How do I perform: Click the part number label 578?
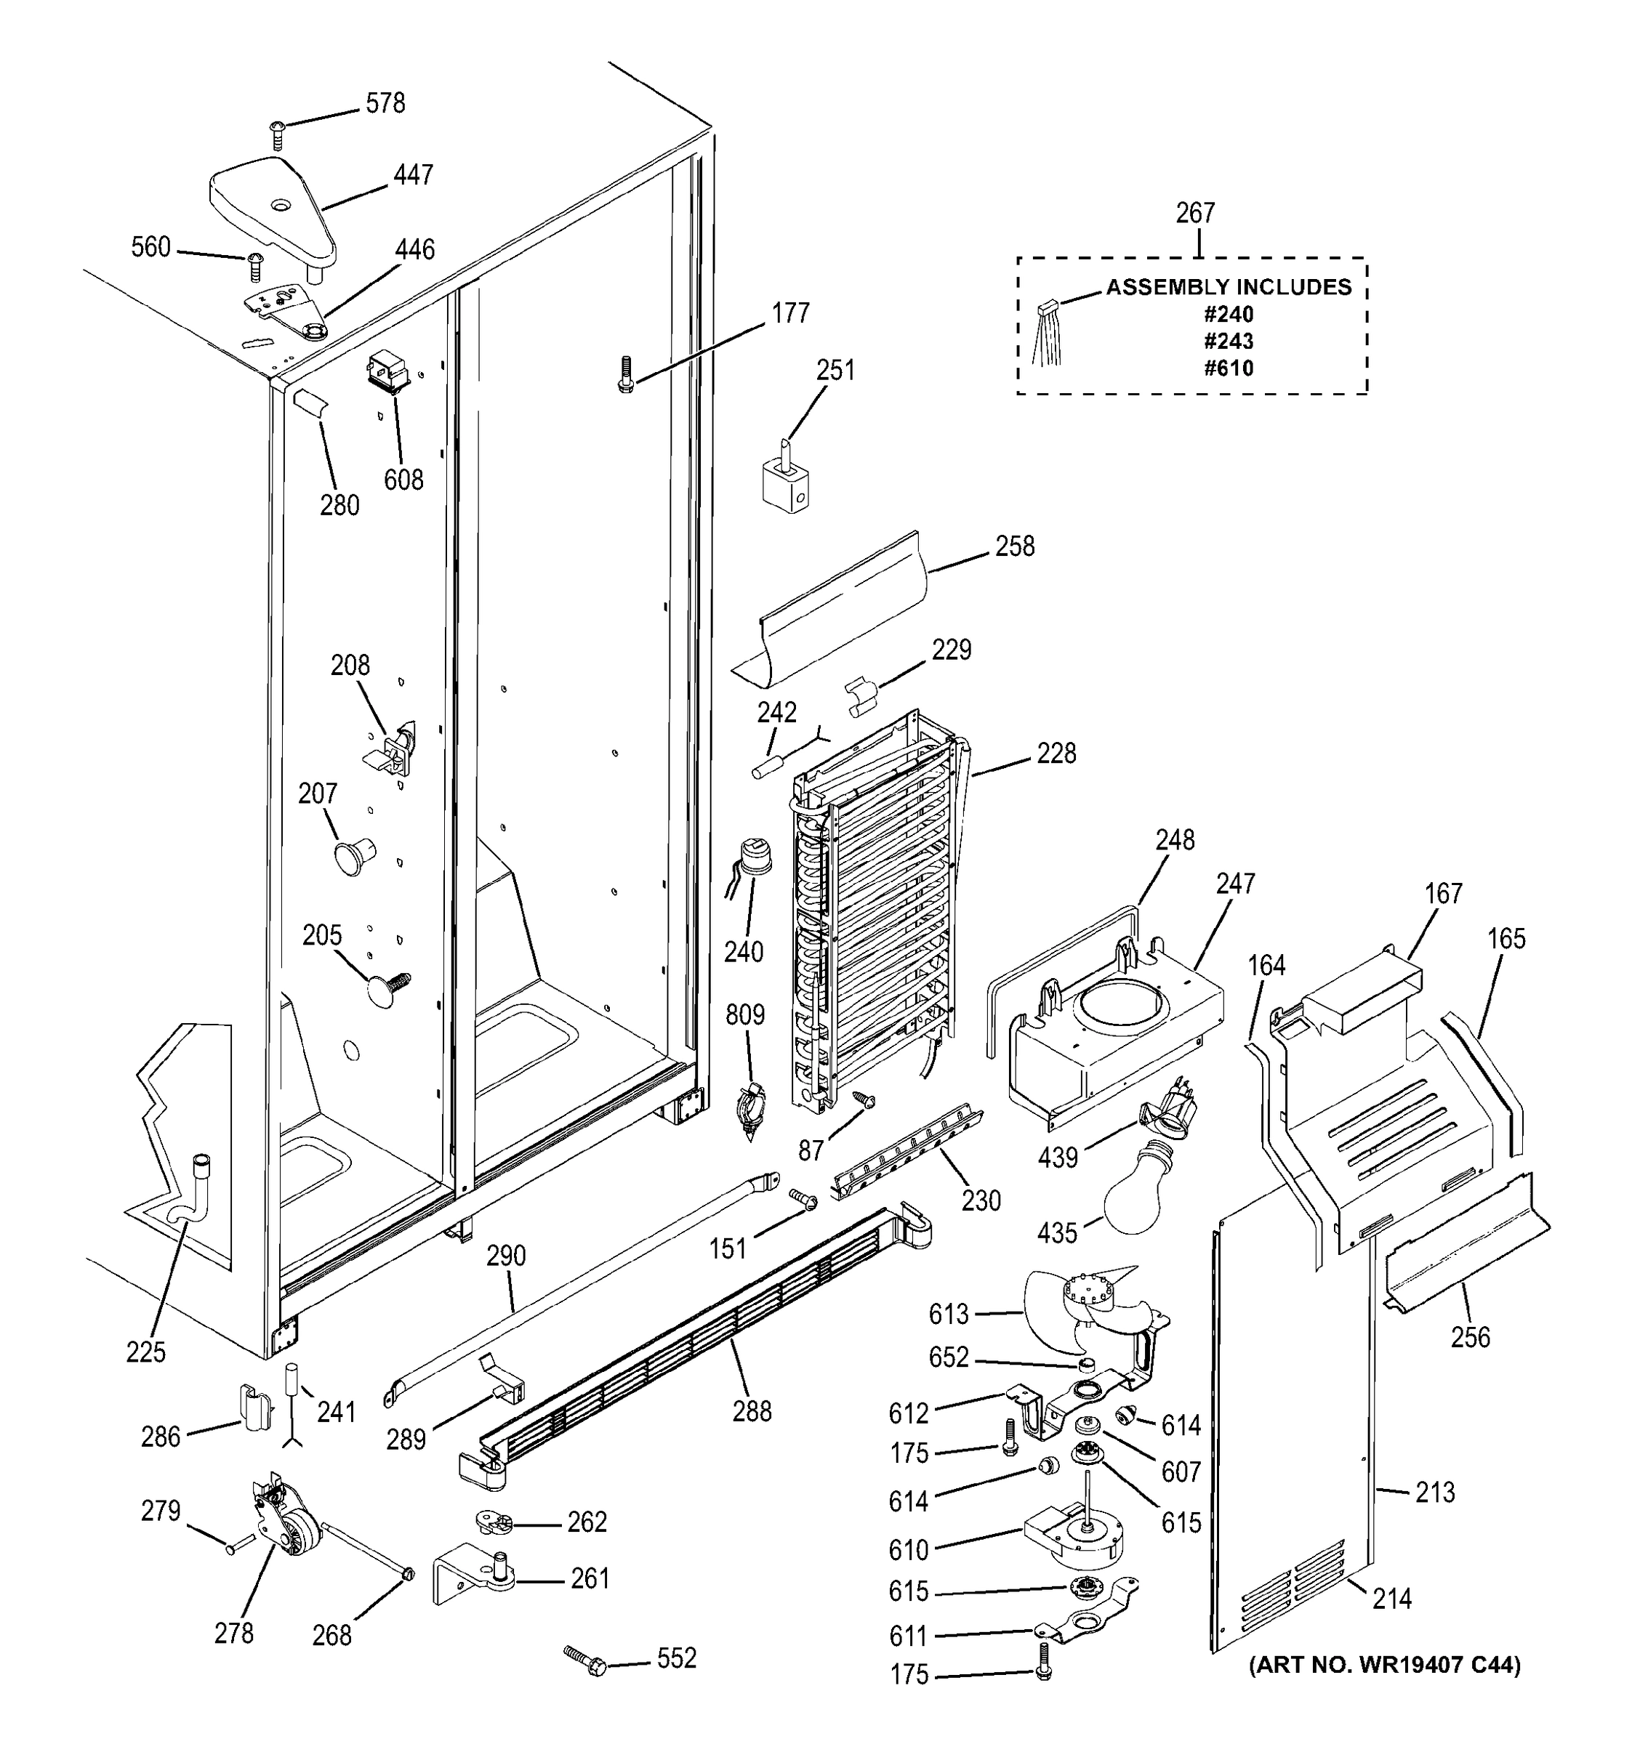pyautogui.click(x=385, y=103)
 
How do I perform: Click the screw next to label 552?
pyautogui.click(x=590, y=1659)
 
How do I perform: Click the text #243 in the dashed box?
pyautogui.click(x=1228, y=342)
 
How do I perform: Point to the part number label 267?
pyautogui.click(x=1195, y=213)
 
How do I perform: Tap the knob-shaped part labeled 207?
pyautogui.click(x=351, y=855)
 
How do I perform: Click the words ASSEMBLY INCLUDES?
pyautogui.click(x=1228, y=287)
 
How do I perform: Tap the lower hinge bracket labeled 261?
pyautogui.click(x=478, y=1579)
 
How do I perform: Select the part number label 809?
pyautogui.click(x=744, y=1015)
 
